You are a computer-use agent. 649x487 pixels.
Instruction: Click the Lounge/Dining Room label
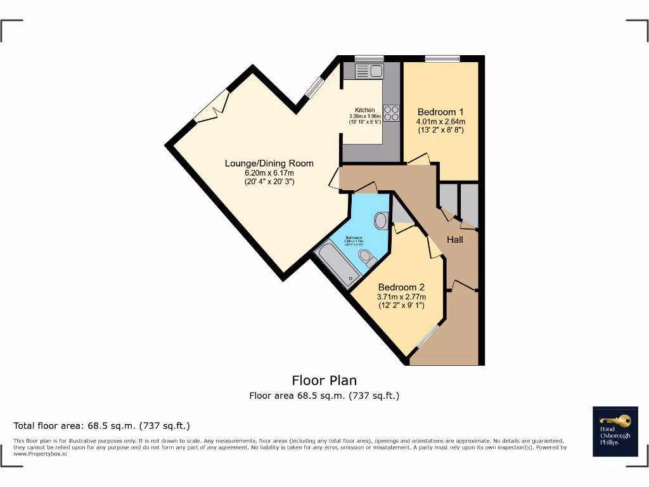click(x=269, y=164)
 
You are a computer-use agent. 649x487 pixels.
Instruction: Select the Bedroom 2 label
click(x=402, y=287)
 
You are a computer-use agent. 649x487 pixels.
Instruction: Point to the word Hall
click(x=455, y=240)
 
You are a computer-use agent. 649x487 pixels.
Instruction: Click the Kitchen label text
click(x=364, y=110)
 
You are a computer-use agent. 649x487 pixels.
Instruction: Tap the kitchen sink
click(x=369, y=71)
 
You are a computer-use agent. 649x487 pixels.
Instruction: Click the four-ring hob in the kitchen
click(x=391, y=113)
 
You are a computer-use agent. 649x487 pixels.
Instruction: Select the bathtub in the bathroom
click(x=337, y=265)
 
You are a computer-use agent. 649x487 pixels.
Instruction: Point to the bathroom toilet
click(x=365, y=257)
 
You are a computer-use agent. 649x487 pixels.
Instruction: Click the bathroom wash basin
click(x=381, y=220)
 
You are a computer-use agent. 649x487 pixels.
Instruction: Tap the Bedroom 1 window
click(x=442, y=59)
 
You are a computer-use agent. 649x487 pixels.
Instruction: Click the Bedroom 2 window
click(x=428, y=337)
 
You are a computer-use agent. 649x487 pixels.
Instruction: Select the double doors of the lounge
click(x=212, y=108)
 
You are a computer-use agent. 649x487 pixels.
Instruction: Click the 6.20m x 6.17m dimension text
click(x=269, y=173)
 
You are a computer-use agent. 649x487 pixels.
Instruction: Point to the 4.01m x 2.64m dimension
click(x=440, y=122)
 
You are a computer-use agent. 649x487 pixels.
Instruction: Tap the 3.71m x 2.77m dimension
click(x=402, y=297)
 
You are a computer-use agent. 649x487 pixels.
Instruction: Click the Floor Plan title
click(x=324, y=380)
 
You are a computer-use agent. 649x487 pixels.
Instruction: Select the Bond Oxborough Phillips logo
click(x=615, y=431)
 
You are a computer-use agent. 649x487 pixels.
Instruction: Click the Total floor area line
click(x=101, y=425)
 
